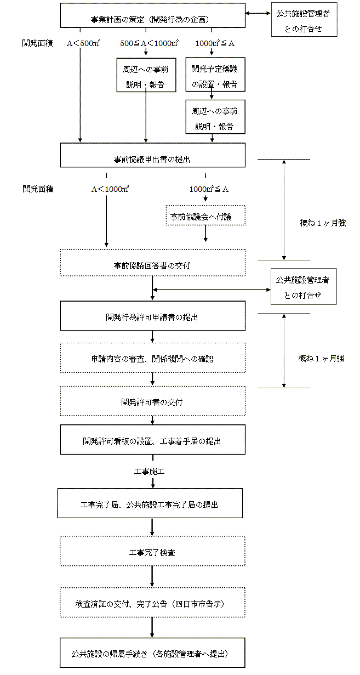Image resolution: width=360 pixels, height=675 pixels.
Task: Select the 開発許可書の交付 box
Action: [152, 401]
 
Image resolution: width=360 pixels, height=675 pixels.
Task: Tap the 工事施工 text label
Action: [150, 472]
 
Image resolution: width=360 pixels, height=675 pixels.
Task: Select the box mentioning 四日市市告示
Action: [152, 602]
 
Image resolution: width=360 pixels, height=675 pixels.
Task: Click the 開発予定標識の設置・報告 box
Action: [215, 76]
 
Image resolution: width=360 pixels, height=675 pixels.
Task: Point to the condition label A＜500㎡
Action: [81, 43]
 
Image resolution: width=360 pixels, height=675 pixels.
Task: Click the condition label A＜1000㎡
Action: [110, 189]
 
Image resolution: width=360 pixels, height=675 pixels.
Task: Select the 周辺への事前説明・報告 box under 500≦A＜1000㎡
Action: [146, 76]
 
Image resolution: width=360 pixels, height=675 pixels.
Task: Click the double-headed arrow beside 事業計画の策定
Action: [258, 14]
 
